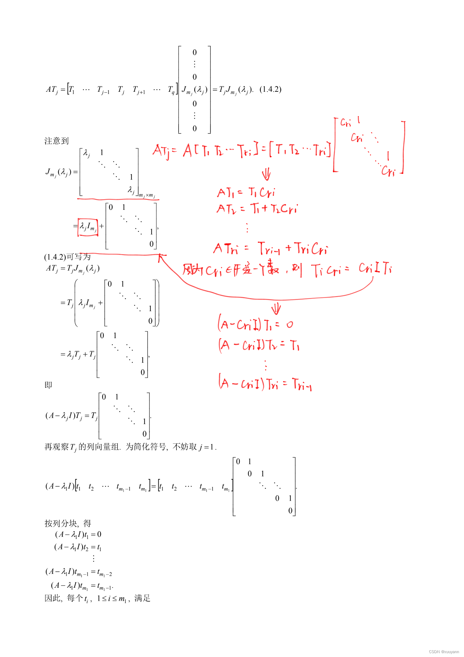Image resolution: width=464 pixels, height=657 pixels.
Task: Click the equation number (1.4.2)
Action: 270,89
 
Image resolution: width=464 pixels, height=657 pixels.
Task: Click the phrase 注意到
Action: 56,141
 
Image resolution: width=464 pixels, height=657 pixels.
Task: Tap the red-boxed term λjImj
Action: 88,227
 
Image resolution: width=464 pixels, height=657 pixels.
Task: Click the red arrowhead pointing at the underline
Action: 160,256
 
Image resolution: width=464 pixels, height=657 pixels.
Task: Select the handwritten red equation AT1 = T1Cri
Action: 246,192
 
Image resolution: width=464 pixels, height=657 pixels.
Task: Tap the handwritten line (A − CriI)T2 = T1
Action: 259,345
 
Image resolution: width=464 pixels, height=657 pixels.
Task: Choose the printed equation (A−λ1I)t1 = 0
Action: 78,534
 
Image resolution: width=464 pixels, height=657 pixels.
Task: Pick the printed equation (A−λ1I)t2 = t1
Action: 78,547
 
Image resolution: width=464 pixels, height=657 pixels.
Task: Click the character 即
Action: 48,385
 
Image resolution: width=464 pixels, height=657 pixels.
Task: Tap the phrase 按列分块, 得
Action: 68,524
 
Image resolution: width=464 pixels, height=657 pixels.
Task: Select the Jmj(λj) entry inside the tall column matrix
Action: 194,90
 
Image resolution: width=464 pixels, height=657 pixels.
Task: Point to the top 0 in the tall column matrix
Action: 194,52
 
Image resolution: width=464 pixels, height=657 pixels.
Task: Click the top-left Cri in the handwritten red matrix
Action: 346,123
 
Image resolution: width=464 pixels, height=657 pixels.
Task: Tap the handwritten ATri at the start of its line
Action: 226,249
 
